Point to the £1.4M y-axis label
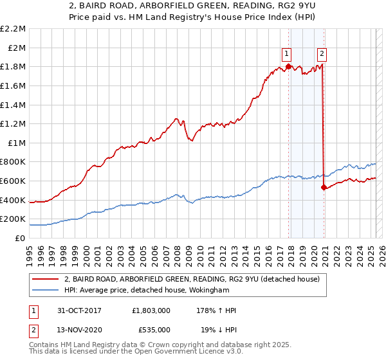point(13,105)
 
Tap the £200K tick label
point(13,219)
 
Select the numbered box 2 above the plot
point(322,54)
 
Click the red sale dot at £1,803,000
point(288,66)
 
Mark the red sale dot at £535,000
point(324,187)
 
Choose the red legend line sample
point(44,279)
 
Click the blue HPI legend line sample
point(44,290)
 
